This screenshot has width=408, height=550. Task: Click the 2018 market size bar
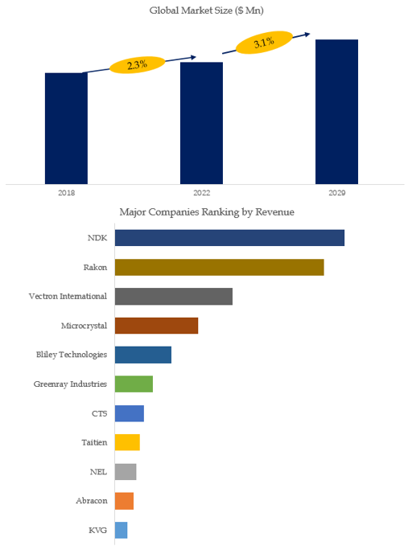click(x=66, y=129)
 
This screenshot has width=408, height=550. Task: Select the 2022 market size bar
click(x=201, y=123)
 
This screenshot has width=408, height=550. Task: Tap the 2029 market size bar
click(x=336, y=112)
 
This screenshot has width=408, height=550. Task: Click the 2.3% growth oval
click(x=138, y=65)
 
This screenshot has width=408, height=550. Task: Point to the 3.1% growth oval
click(x=264, y=43)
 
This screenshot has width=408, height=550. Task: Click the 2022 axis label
click(x=201, y=192)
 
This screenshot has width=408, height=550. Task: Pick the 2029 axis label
click(x=336, y=192)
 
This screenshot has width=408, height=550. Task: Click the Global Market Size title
click(x=207, y=10)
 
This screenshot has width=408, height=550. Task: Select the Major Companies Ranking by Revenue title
click(x=207, y=211)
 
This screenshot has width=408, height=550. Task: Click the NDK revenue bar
click(x=229, y=238)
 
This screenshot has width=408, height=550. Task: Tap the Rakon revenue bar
click(x=220, y=267)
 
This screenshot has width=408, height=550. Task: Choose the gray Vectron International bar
click(x=174, y=297)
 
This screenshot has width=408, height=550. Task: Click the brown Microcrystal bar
click(x=156, y=326)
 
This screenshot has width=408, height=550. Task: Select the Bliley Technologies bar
click(x=143, y=355)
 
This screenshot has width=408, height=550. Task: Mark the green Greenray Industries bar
click(x=134, y=384)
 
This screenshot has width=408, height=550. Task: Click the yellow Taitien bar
click(x=127, y=442)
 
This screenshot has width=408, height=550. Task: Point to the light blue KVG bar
click(x=122, y=530)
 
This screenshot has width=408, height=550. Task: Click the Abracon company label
click(x=92, y=500)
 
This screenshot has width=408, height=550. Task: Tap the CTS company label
click(x=99, y=413)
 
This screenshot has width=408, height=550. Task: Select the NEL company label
click(x=98, y=472)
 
